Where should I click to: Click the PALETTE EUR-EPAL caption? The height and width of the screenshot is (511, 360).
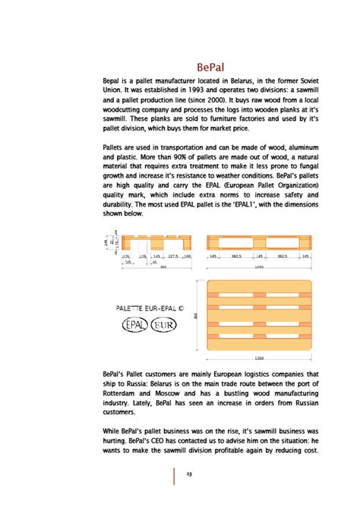[x=150, y=310]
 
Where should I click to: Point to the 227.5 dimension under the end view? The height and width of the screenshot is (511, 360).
[x=173, y=257]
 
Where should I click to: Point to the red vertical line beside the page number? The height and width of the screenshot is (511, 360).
[x=175, y=475]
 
